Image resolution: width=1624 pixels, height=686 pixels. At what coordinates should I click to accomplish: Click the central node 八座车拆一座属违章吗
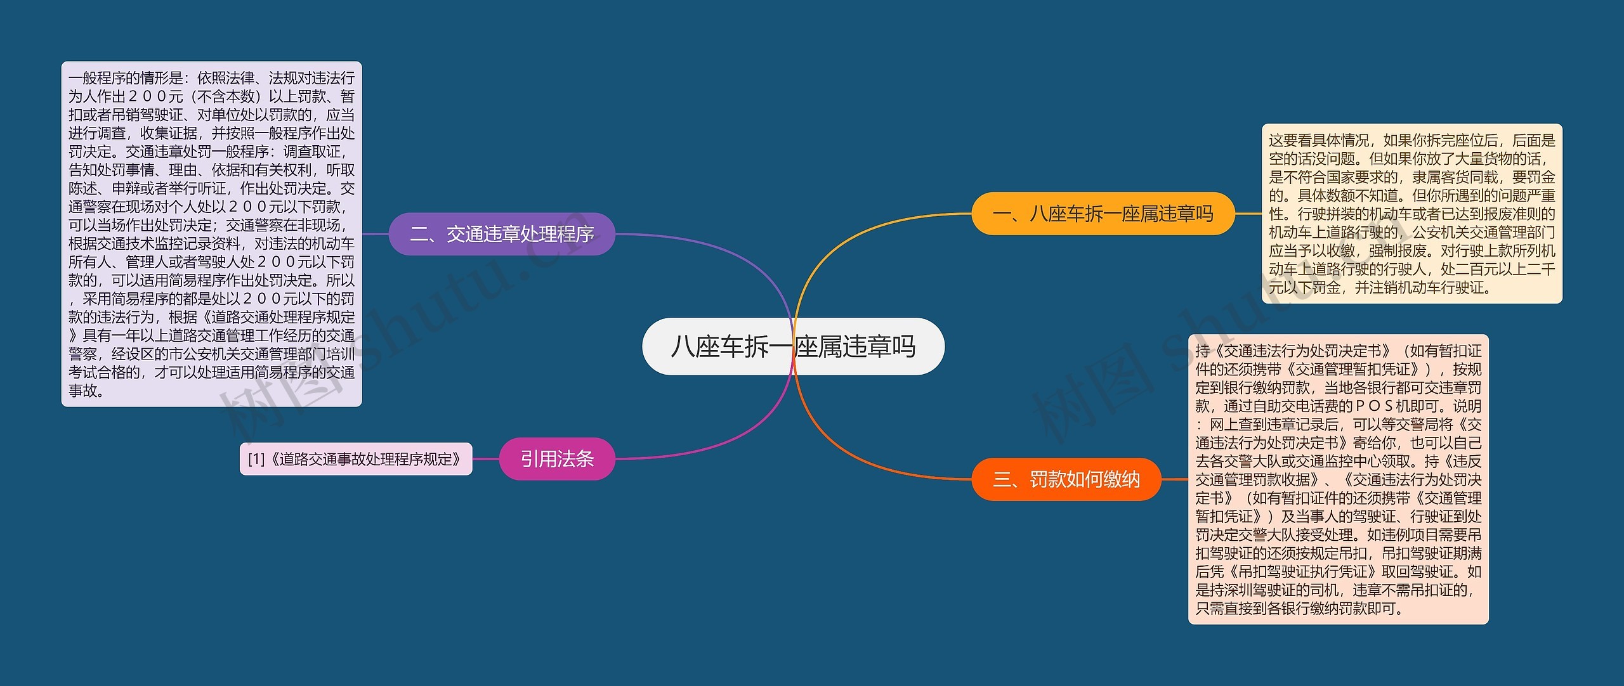click(793, 347)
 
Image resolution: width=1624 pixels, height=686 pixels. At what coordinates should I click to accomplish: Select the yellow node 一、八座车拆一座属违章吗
click(1103, 214)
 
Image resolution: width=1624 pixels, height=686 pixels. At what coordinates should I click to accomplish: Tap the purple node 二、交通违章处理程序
click(501, 234)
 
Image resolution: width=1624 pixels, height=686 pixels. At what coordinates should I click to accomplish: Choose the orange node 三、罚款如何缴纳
click(1066, 479)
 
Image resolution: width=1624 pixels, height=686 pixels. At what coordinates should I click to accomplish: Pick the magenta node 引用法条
click(557, 458)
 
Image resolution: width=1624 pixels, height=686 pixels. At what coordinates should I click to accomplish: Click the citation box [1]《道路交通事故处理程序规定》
click(356, 458)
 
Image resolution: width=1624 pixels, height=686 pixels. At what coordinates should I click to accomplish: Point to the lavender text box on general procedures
click(211, 234)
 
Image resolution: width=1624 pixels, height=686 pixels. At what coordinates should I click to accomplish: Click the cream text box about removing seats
click(1411, 214)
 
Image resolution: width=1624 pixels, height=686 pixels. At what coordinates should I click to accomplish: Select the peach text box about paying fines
click(1338, 479)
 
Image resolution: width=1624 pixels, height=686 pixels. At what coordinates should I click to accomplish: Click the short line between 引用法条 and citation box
click(486, 458)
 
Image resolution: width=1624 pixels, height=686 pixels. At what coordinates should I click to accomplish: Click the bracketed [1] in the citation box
click(256, 459)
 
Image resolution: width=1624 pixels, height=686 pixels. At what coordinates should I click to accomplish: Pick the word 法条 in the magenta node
click(575, 458)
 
